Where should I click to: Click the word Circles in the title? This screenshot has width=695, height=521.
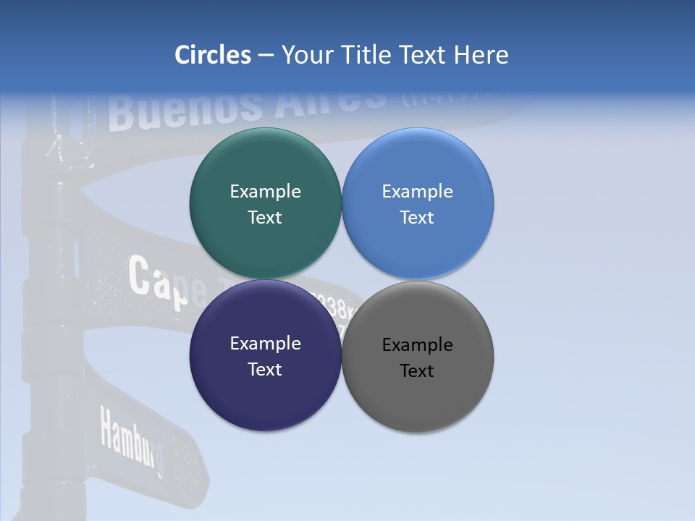(212, 55)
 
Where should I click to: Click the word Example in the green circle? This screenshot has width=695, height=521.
(265, 192)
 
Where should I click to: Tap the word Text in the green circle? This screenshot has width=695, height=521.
(265, 218)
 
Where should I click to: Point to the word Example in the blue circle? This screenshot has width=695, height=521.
(418, 192)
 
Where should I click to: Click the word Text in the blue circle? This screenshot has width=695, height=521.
(418, 218)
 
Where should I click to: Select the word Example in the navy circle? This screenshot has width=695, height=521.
(265, 344)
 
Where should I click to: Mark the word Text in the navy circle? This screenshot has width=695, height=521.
(265, 370)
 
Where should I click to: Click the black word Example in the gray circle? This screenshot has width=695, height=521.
(418, 345)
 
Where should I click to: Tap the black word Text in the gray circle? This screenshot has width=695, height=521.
(418, 371)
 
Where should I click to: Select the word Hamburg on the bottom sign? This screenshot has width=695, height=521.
(130, 441)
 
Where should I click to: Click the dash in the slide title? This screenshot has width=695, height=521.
(266, 56)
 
